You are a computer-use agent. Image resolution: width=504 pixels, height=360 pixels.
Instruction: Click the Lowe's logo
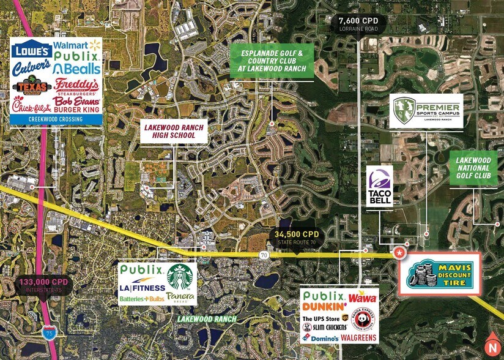(x=31, y=50)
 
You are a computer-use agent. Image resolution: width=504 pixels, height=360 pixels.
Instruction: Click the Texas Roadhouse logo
(x=31, y=86)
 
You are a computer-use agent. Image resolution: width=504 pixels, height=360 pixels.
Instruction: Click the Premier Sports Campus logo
(x=426, y=111)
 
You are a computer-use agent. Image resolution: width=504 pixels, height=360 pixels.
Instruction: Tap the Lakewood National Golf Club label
(x=473, y=168)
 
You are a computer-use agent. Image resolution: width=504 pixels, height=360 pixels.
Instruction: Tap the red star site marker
(x=399, y=251)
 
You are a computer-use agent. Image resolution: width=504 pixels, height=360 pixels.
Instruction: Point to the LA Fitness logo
(x=143, y=287)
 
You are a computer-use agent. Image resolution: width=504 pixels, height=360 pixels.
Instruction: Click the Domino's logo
(x=321, y=338)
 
